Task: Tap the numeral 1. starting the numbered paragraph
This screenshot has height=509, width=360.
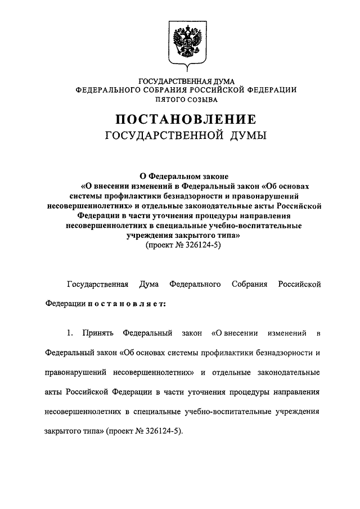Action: (69, 334)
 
